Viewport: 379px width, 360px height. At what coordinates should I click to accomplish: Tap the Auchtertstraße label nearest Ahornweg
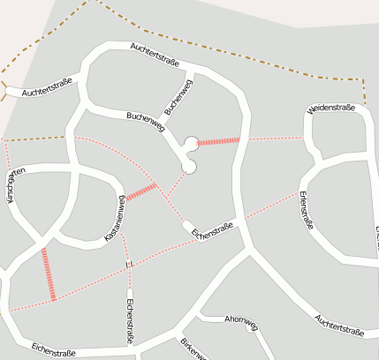(339, 326)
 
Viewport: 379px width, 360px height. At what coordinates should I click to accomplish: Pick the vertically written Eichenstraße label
(130, 321)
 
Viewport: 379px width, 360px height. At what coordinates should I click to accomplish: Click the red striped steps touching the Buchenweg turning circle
(218, 140)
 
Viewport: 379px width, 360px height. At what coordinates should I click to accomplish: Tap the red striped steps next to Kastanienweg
(141, 191)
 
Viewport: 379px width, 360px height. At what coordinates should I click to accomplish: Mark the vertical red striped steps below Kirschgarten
(49, 274)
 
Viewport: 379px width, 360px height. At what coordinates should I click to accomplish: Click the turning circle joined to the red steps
(191, 143)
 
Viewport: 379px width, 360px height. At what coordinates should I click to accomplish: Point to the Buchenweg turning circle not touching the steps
(188, 166)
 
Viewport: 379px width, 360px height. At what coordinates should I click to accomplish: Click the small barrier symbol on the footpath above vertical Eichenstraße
(129, 264)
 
